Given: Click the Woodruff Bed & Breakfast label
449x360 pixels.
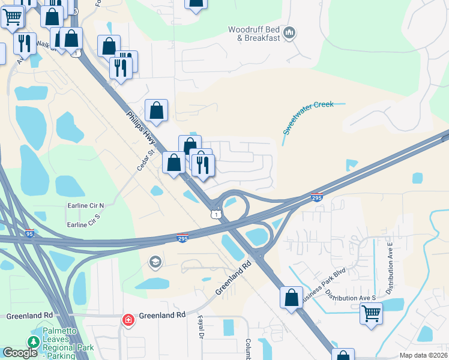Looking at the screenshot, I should tap(255, 34).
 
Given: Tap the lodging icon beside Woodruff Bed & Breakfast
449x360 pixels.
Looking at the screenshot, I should tap(289, 32).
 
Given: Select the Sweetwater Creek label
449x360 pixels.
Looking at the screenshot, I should tap(308, 118).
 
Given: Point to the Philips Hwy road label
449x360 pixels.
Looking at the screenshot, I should tap(142, 128).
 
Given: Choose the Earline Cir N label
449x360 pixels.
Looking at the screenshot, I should tap(85, 205).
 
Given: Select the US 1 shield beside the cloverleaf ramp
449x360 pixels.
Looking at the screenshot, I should tap(215, 214).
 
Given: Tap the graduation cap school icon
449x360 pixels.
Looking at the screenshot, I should tap(155, 262).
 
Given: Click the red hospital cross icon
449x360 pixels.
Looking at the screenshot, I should tap(128, 320).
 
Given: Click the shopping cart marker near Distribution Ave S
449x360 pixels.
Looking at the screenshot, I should tap(371, 313).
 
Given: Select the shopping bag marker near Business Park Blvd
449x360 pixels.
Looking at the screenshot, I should tap(291, 297).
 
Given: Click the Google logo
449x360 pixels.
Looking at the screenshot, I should tap(20, 353).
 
